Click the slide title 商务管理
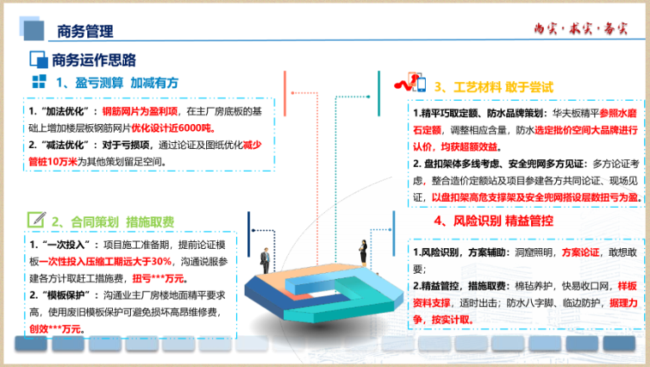point(85,32)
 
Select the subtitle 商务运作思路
point(94,59)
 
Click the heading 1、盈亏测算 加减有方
point(116,83)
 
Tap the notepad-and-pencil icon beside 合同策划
point(36,220)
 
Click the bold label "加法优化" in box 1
point(61,111)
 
